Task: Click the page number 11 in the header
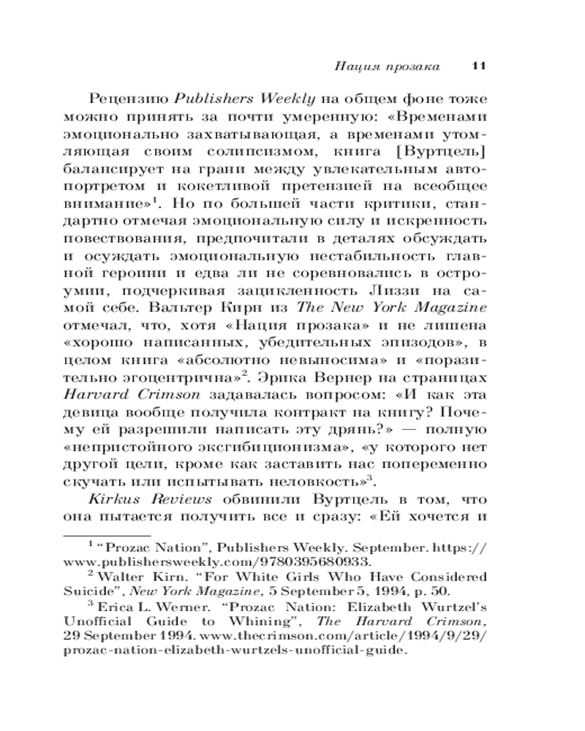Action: pos(479,67)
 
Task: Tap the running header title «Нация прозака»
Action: pos(387,67)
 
